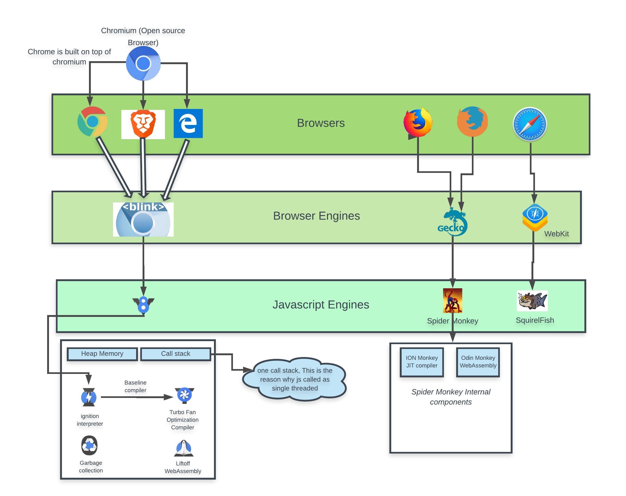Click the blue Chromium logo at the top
tap(143, 63)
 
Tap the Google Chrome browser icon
tap(92, 122)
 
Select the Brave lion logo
tap(143, 124)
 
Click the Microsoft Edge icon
tap(188, 123)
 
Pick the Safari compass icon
tap(530, 124)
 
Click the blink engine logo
tap(143, 219)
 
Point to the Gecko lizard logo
tap(452, 222)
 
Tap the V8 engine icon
tap(143, 305)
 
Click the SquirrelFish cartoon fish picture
tap(532, 301)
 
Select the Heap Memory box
tap(102, 354)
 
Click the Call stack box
tap(176, 354)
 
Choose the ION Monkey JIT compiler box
tap(421, 362)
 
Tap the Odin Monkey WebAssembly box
tap(478, 362)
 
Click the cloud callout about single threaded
tap(294, 379)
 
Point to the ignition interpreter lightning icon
tap(89, 397)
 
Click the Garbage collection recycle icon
tap(89, 445)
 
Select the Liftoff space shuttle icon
tap(183, 448)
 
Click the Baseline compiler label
tap(135, 386)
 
